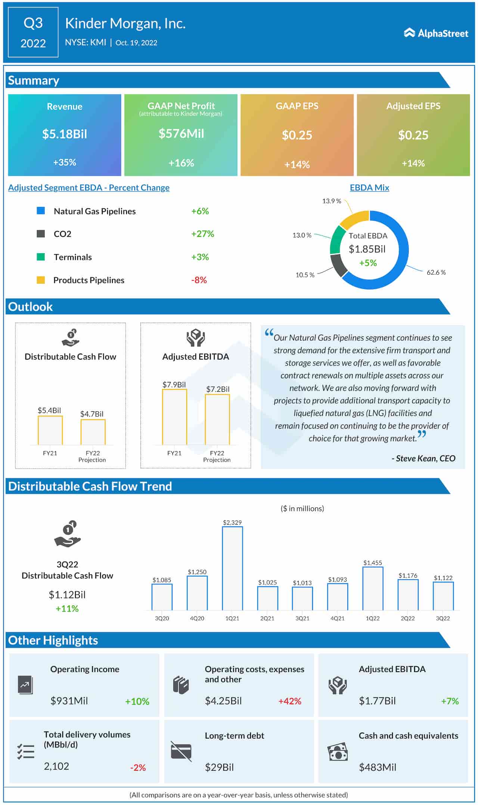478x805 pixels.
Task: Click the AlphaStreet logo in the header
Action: pos(436,33)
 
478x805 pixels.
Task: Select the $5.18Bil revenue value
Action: pos(65,134)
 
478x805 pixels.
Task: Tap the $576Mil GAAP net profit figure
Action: pos(181,134)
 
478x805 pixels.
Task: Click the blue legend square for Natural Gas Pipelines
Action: pos(41,211)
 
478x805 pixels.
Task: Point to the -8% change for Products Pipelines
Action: pos(199,280)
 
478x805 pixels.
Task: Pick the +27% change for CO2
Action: pos(202,234)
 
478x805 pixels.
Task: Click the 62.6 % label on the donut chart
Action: pos(436,272)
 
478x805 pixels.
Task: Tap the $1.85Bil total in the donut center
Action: pos(367,249)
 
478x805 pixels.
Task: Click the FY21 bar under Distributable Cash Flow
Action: pos(50,430)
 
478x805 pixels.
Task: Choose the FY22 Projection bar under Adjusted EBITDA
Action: pos(217,419)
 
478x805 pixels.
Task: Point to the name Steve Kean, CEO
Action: pos(423,458)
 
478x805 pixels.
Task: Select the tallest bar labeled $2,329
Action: pos(232,568)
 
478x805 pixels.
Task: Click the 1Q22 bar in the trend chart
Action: pos(373,588)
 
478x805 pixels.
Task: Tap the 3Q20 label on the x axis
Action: pos(162,618)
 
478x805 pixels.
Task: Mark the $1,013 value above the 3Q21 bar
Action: pos(302,583)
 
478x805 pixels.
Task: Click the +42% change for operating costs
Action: pos(290,701)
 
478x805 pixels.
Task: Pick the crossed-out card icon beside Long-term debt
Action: pos(181,751)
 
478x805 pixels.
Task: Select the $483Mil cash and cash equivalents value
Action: pos(377,767)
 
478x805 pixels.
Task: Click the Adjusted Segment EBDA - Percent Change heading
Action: pos(89,188)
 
